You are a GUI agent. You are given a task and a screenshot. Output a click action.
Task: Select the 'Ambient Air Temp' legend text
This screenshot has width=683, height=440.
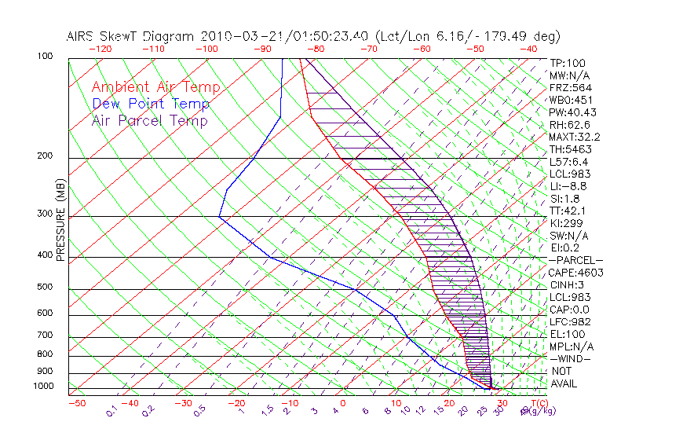point(155,87)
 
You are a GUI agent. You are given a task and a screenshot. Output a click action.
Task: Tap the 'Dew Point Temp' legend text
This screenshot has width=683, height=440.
point(150,104)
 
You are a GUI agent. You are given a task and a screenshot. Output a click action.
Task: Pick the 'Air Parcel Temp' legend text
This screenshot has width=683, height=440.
point(149,120)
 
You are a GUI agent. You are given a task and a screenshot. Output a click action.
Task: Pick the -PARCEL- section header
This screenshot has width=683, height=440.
point(575,260)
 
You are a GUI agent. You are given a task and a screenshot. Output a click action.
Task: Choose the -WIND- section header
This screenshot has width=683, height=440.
point(571,358)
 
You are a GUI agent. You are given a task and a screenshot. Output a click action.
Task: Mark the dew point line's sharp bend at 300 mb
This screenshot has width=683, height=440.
point(220,217)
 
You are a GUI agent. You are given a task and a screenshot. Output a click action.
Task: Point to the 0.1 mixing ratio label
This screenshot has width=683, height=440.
point(111,411)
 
